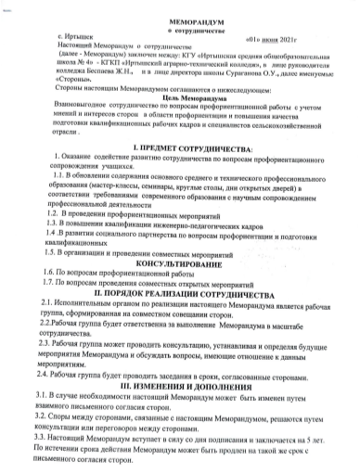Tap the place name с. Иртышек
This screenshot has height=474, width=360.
point(66,44)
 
